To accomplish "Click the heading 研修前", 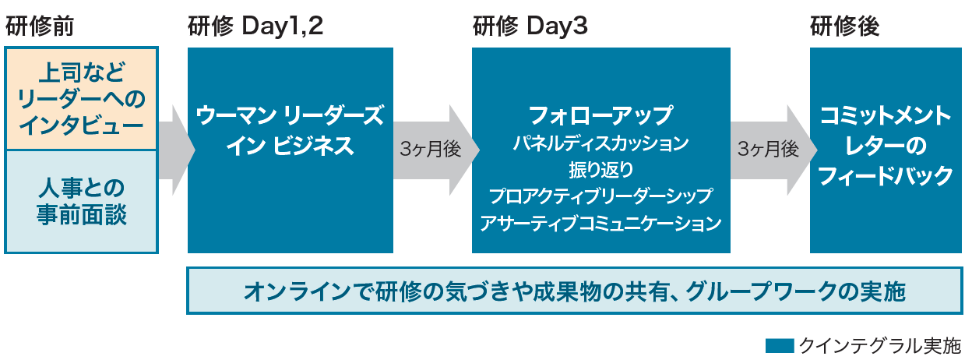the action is (40, 26).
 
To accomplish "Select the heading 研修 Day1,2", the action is (255, 26).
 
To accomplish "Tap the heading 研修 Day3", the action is (530, 26).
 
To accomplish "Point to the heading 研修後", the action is (844, 26).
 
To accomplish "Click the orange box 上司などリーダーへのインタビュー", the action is (81, 99).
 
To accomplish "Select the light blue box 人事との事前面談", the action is (81, 202).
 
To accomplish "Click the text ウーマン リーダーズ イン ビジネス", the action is (290, 130).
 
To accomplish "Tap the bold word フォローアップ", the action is (601, 115).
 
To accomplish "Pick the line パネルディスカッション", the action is (601, 143).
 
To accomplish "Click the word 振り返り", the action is (601, 170).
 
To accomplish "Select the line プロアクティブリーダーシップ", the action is (601, 196).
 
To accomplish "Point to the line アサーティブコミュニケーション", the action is (601, 223).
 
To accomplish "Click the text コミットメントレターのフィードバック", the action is (886, 146).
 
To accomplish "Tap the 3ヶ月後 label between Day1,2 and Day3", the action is (430, 150).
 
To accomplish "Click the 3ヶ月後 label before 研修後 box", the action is (768, 150).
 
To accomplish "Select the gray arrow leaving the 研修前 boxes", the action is (177, 150).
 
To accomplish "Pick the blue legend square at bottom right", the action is (780, 346).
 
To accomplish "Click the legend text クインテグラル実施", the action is (879, 346).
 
